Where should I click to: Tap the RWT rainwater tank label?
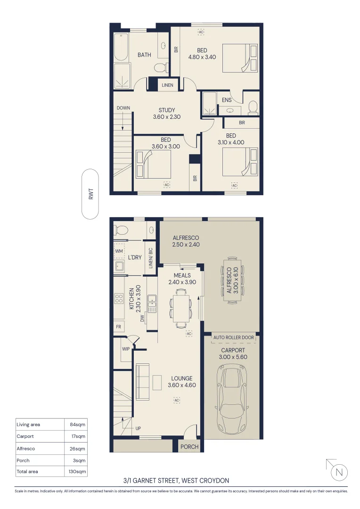point(90,194)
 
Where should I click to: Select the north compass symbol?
point(339,471)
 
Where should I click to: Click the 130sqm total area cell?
point(75,471)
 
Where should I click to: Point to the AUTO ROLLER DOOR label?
point(234,337)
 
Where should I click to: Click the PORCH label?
point(190,446)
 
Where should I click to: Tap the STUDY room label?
point(166,110)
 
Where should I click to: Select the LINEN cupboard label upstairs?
point(167,85)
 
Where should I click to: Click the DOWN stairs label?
point(123,108)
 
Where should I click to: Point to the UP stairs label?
point(139,428)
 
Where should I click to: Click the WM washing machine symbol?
point(118,251)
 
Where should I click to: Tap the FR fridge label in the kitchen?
point(118,326)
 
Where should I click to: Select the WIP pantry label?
point(126,349)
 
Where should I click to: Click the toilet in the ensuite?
point(253,107)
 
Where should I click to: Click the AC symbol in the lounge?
point(177,400)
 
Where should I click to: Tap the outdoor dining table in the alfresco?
point(231,281)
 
